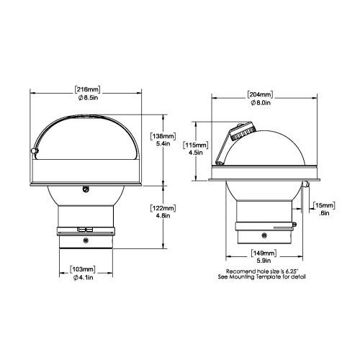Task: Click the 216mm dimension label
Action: click(x=87, y=89)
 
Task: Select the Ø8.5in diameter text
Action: click(x=88, y=98)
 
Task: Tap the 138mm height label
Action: click(x=163, y=136)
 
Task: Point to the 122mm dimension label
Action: click(x=163, y=208)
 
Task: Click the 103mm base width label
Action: click(x=83, y=269)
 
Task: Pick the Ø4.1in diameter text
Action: click(x=83, y=278)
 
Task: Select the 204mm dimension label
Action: click(x=261, y=94)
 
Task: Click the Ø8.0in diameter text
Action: click(x=261, y=103)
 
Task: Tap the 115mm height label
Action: click(x=196, y=145)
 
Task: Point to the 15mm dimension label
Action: click(x=324, y=205)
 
